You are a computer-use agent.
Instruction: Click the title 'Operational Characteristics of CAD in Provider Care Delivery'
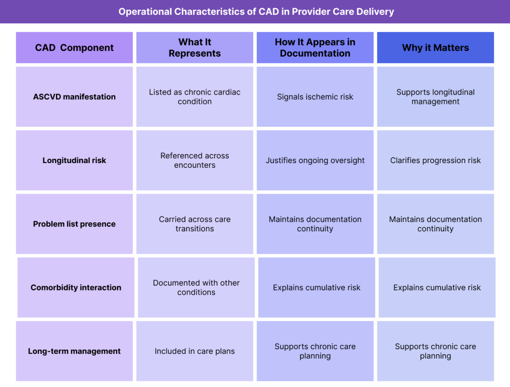tap(256, 11)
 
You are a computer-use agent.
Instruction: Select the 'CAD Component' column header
tap(74, 48)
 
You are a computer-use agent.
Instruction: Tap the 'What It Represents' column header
tap(195, 48)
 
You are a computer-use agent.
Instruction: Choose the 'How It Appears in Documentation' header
tap(315, 48)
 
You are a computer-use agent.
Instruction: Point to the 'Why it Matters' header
tap(435, 48)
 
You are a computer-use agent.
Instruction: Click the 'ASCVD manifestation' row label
tap(74, 97)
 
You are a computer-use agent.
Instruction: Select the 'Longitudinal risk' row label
tap(74, 161)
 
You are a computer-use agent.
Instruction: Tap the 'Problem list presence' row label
tap(74, 224)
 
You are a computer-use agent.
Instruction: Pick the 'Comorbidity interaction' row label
tap(76, 287)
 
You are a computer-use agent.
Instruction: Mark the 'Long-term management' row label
tap(74, 351)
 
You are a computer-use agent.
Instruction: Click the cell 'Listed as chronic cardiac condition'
tap(195, 97)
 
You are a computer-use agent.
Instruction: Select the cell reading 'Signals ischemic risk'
tap(315, 97)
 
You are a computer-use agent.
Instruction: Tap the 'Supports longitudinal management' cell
tap(435, 97)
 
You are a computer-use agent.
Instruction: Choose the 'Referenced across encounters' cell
tap(195, 161)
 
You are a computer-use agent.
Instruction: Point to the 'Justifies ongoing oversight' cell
tap(315, 161)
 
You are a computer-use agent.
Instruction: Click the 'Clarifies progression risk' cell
tap(435, 161)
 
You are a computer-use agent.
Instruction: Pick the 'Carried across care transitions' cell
tap(195, 224)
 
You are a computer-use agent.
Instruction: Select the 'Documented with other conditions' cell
tap(196, 287)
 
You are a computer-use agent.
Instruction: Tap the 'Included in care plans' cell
tap(195, 351)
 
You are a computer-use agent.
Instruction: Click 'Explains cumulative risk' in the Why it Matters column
tap(437, 287)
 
